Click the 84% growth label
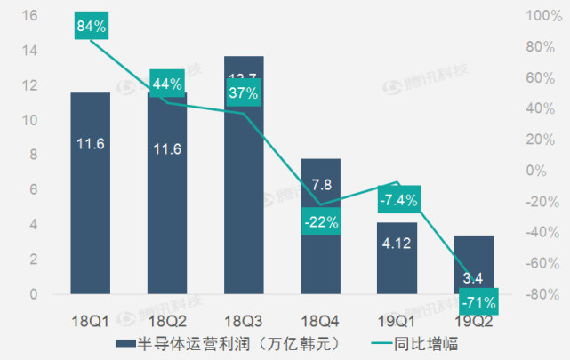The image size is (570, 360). click(92, 27)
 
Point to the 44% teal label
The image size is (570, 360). click(167, 84)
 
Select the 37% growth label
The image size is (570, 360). click(243, 93)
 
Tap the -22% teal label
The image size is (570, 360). click(319, 222)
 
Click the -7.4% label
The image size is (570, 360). click(397, 199)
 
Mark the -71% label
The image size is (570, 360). click(478, 303)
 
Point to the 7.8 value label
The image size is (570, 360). click(320, 185)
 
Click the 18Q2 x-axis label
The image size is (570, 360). click(167, 317)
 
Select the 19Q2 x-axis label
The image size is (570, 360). click(472, 317)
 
